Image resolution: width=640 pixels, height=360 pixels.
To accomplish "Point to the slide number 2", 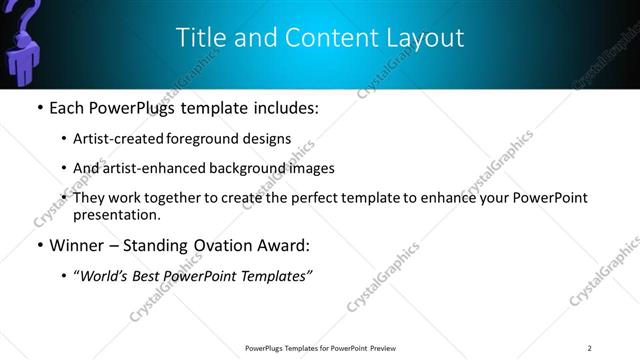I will [x=590, y=347].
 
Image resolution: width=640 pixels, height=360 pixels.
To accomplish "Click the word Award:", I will [x=284, y=245].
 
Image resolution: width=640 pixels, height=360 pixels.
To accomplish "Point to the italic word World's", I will [x=103, y=276].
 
